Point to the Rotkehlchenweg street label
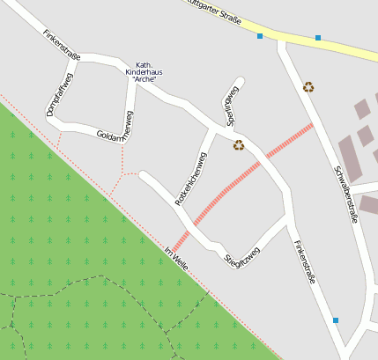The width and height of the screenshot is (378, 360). (191, 179)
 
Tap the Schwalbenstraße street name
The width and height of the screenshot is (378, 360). (345, 194)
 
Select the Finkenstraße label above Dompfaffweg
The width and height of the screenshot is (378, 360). (61, 45)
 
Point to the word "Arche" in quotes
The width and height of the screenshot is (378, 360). (144, 80)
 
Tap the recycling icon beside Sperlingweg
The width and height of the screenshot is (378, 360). (239, 145)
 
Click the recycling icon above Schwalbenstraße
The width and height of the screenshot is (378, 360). (308, 86)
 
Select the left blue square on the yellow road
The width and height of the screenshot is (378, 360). (260, 36)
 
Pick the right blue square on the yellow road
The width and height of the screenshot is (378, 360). (318, 38)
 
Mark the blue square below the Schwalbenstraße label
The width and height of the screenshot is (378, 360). (336, 320)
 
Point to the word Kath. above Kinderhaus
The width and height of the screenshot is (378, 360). (144, 64)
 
